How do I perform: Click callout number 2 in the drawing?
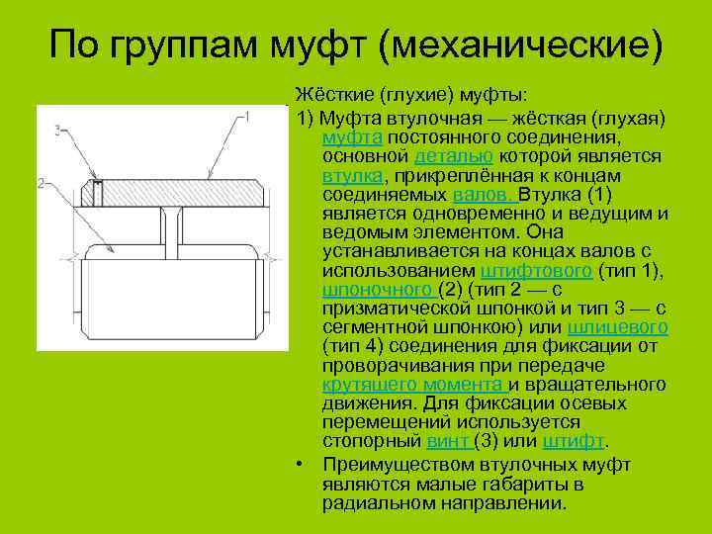tap(40, 182)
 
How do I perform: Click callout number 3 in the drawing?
tap(58, 130)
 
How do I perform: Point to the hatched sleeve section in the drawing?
tap(188, 192)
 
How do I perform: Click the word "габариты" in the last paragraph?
tap(526, 485)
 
